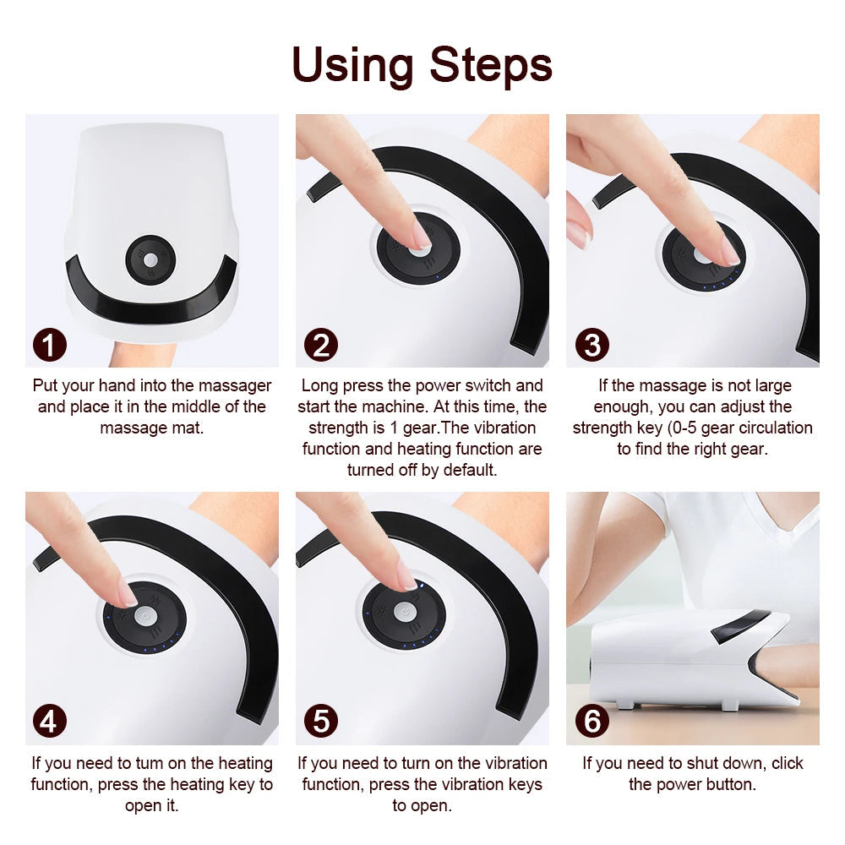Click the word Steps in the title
click(x=491, y=65)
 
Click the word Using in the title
click(x=354, y=65)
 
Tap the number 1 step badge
click(x=50, y=345)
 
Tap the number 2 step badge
click(x=320, y=345)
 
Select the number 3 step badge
click(x=591, y=345)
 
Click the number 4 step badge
click(x=50, y=722)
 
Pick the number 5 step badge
click(x=320, y=722)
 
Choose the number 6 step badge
click(x=591, y=722)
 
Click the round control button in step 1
click(x=150, y=259)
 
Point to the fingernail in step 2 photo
click(x=420, y=232)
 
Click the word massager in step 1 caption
click(x=237, y=386)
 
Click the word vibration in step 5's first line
click(x=514, y=763)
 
